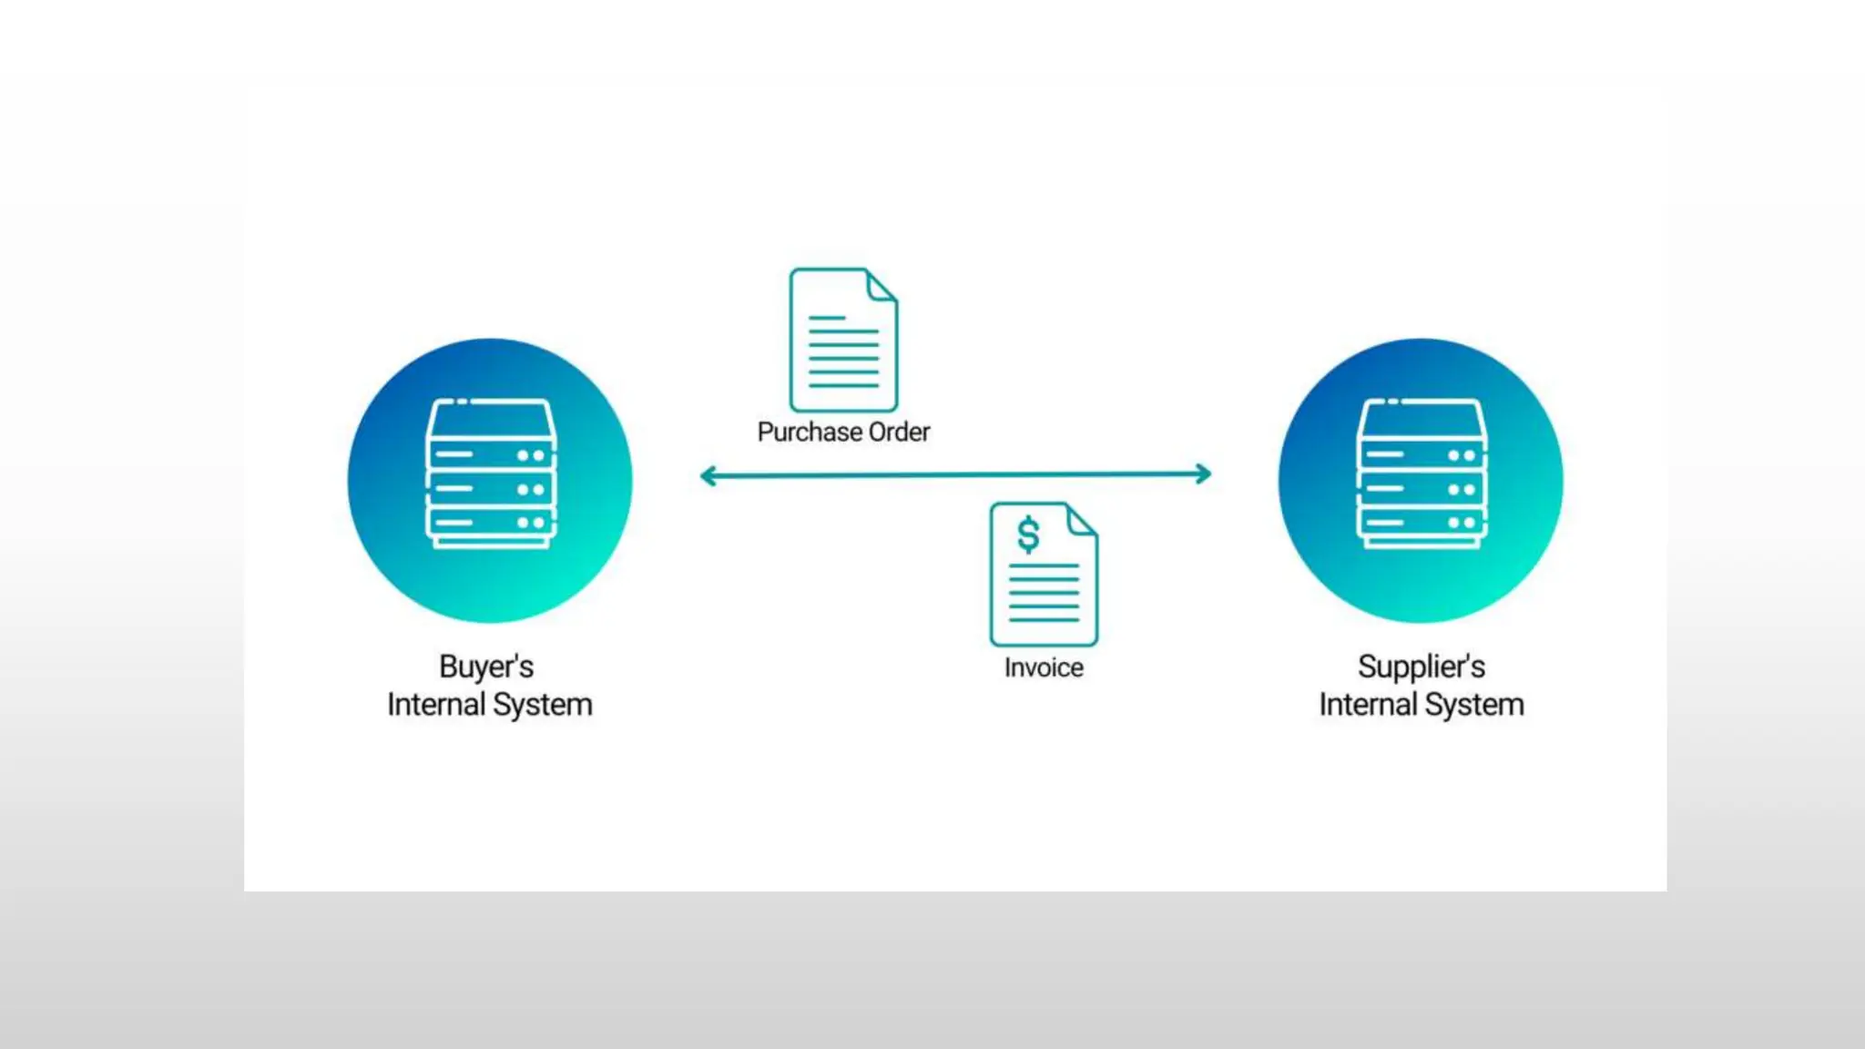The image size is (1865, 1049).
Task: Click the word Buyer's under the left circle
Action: (x=486, y=667)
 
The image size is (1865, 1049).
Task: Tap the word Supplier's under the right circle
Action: (x=1421, y=667)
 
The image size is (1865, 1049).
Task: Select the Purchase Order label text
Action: (x=843, y=432)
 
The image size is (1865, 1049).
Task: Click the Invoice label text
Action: (x=1044, y=667)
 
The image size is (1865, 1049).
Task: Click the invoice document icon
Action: (x=1044, y=575)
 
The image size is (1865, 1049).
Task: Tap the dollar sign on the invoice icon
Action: (x=1028, y=535)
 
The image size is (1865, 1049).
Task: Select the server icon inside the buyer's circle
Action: (x=491, y=474)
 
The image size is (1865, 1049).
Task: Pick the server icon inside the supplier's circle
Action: (x=1422, y=474)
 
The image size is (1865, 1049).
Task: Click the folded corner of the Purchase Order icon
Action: (x=881, y=286)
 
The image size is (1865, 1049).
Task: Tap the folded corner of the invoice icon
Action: (x=1081, y=521)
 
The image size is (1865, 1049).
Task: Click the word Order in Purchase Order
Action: (x=899, y=432)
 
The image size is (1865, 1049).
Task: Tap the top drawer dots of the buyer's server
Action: (x=531, y=455)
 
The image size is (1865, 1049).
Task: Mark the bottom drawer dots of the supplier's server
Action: (x=1462, y=523)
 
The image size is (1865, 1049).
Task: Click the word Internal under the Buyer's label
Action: (x=435, y=706)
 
